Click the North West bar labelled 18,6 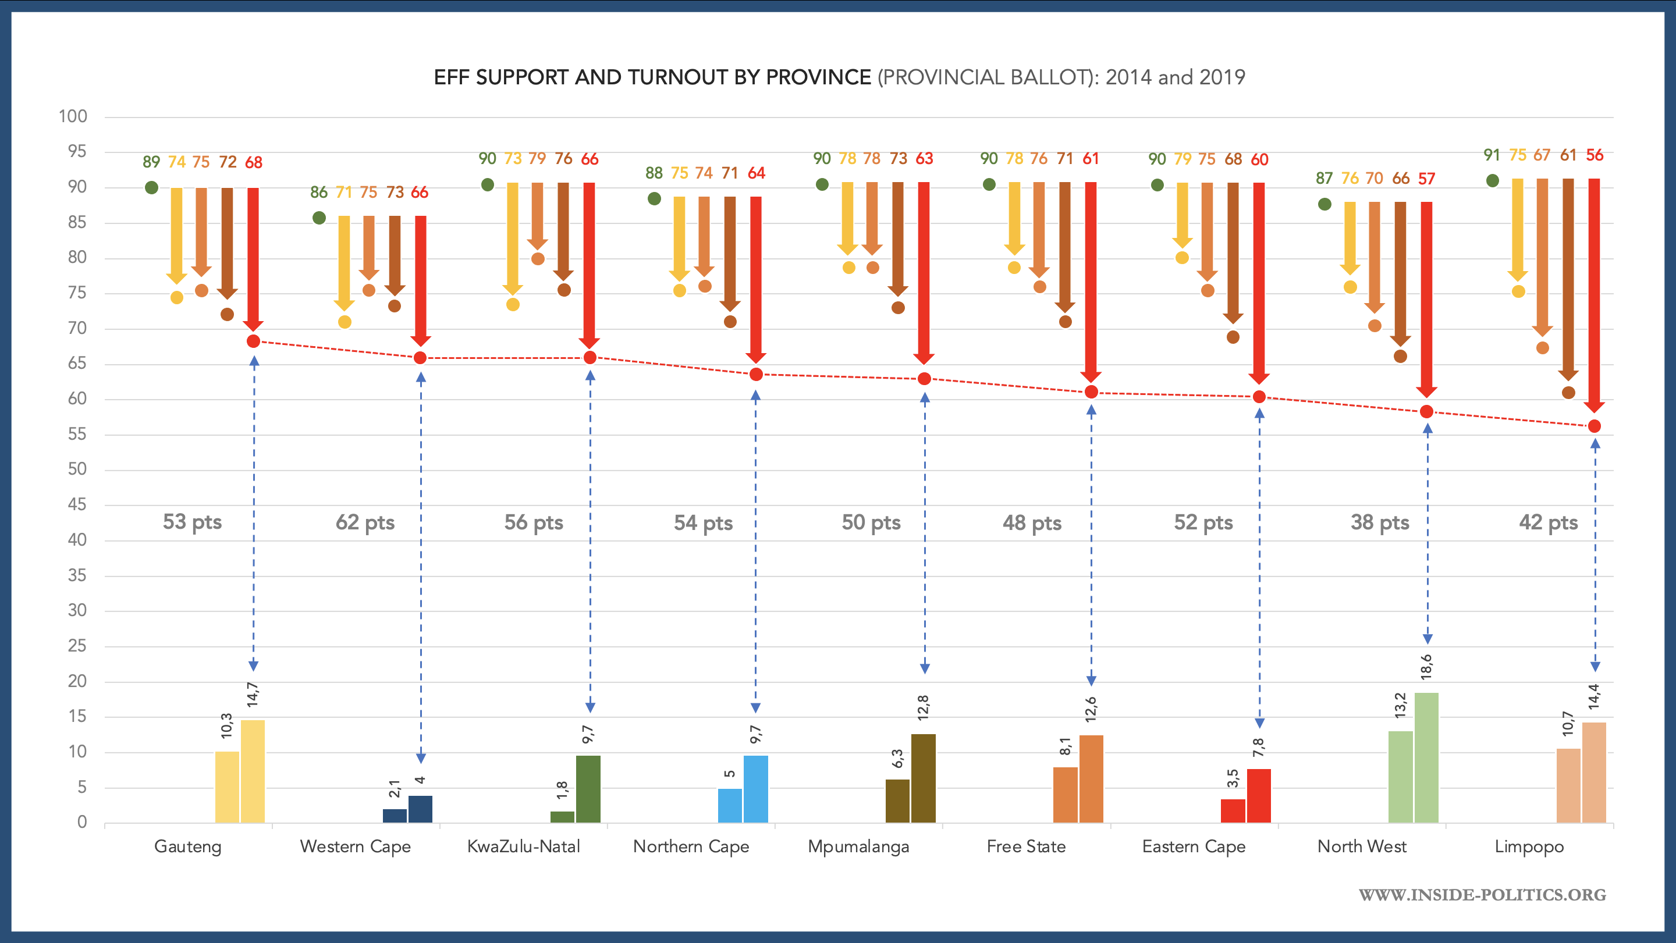click(x=1426, y=757)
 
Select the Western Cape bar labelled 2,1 click(x=395, y=816)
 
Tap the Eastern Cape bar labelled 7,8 click(x=1258, y=795)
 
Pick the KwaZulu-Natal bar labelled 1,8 click(x=562, y=817)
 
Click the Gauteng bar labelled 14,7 click(x=253, y=771)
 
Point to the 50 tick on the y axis click(x=77, y=469)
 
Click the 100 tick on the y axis click(x=73, y=116)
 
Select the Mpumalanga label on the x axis click(x=858, y=846)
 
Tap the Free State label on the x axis click(x=1026, y=846)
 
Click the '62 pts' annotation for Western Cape click(x=365, y=522)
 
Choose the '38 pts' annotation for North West click(x=1380, y=522)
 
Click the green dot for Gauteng click(x=151, y=188)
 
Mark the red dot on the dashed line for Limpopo click(x=1594, y=426)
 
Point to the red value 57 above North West click(x=1426, y=179)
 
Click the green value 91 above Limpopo click(x=1492, y=155)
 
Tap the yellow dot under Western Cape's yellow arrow click(x=345, y=322)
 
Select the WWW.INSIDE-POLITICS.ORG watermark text click(x=1482, y=895)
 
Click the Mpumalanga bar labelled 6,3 click(x=897, y=801)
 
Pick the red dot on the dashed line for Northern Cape click(x=756, y=375)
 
